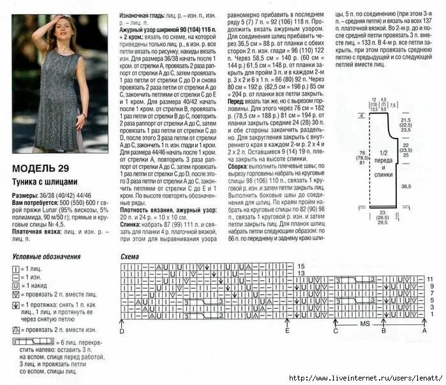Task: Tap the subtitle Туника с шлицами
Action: (45, 181)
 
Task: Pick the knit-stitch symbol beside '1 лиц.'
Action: (16, 269)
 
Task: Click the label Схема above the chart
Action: (130, 257)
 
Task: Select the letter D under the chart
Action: (121, 331)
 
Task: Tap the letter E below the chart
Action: (288, 331)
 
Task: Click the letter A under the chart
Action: (424, 331)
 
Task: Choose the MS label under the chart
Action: (364, 324)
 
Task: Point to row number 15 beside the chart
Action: (301, 265)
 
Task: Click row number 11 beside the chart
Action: (431, 279)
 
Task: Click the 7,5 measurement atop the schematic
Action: (393, 104)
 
